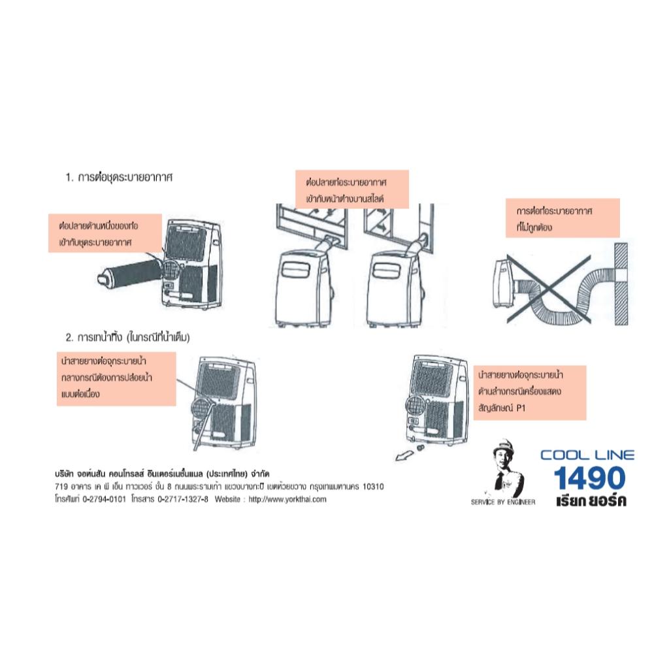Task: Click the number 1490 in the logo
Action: pyautogui.click(x=590, y=478)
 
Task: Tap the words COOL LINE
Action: pyautogui.click(x=587, y=455)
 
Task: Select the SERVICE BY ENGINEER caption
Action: pyautogui.click(x=503, y=502)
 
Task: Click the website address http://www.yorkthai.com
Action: pyautogui.click(x=287, y=499)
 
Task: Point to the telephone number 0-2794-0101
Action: pyautogui.click(x=104, y=499)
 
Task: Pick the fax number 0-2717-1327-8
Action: pyautogui.click(x=183, y=499)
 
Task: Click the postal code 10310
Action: pyautogui.click(x=373, y=486)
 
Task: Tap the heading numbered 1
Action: pyautogui.click(x=119, y=177)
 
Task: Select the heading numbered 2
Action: pyautogui.click(x=127, y=338)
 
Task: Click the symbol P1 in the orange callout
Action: pyautogui.click(x=521, y=408)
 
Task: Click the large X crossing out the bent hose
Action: pyautogui.click(x=549, y=289)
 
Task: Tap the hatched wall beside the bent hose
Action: pyautogui.click(x=621, y=284)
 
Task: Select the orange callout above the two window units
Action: pyautogui.click(x=352, y=189)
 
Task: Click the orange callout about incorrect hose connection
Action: pyautogui.click(x=563, y=218)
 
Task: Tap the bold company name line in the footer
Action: pyautogui.click(x=162, y=474)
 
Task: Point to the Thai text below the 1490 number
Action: pyautogui.click(x=591, y=500)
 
